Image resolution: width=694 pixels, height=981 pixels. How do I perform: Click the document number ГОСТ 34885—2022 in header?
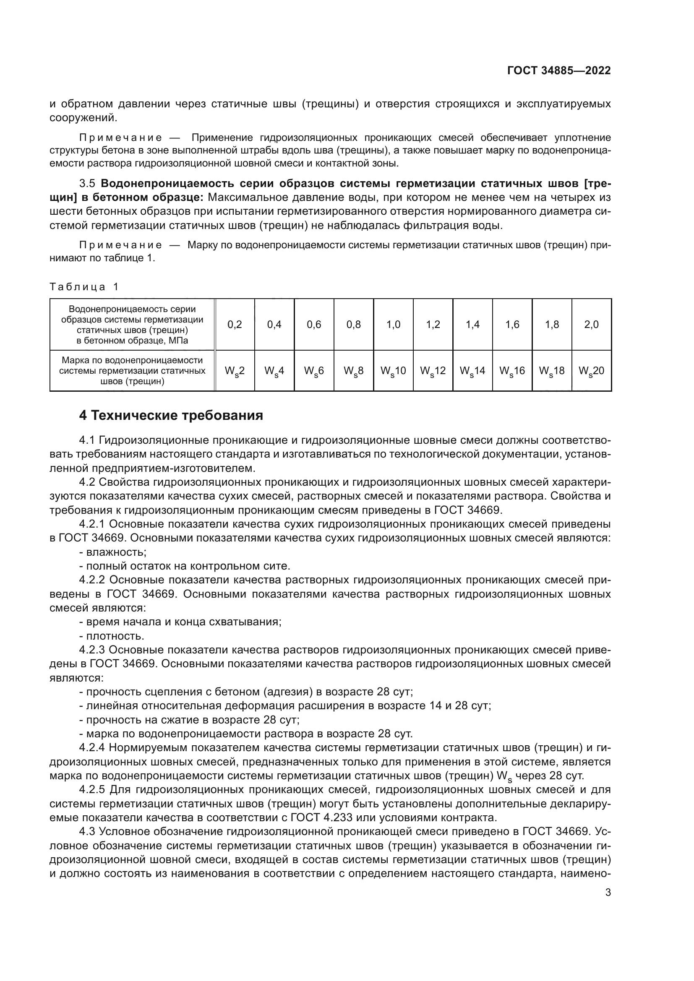click(x=558, y=70)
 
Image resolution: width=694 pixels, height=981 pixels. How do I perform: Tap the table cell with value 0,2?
click(x=235, y=325)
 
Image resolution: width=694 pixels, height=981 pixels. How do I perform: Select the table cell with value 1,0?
click(x=393, y=325)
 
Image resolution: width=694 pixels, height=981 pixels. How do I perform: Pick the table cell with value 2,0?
click(x=592, y=325)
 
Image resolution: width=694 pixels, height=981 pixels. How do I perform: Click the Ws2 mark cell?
click(x=235, y=371)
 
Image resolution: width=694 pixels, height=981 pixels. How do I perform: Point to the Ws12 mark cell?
click(x=433, y=371)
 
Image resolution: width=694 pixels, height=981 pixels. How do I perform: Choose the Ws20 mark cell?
click(x=592, y=371)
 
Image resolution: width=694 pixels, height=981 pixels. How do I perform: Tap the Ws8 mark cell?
click(x=353, y=371)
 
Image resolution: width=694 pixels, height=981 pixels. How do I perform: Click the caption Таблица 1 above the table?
click(x=84, y=287)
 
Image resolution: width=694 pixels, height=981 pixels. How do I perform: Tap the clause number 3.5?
click(x=88, y=184)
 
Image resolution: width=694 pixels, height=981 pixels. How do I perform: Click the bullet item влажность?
click(x=116, y=552)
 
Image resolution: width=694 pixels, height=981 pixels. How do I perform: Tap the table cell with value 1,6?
click(x=512, y=325)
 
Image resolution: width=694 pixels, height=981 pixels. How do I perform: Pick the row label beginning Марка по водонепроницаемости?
click(x=132, y=370)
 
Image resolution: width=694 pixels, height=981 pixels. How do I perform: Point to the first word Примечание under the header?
click(x=121, y=138)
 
